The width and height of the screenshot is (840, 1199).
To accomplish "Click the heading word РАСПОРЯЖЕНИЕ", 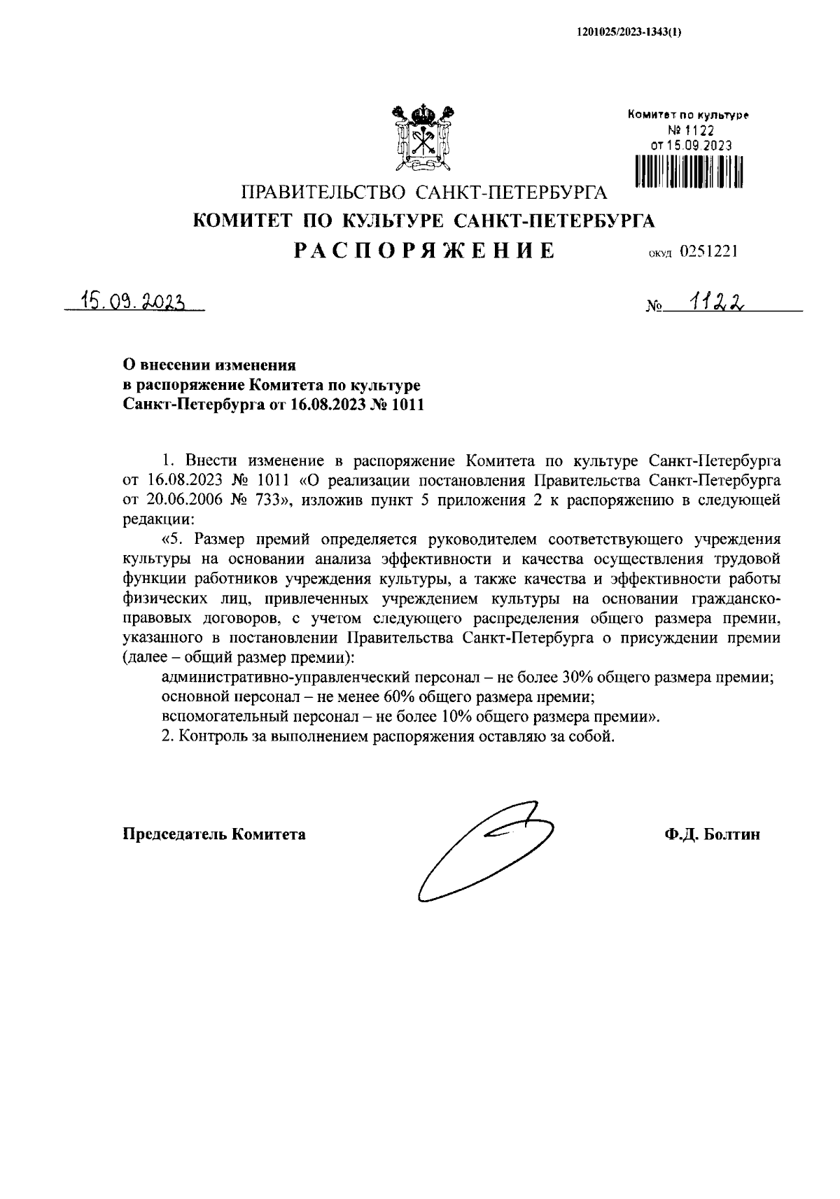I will click(424, 251).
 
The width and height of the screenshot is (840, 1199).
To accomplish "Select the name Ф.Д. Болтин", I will click(713, 834).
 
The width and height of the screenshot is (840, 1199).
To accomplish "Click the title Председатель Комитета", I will click(214, 834).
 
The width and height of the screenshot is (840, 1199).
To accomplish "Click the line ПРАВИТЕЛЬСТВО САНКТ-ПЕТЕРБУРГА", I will click(424, 192).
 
